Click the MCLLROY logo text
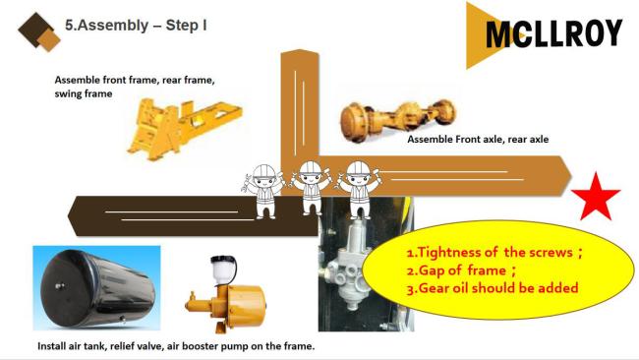(x=554, y=33)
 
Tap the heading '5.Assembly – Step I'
(x=136, y=26)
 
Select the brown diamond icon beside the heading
(x=39, y=31)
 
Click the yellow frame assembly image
(x=184, y=127)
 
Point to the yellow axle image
(x=397, y=118)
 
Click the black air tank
(x=97, y=288)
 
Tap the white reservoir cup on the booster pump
(x=223, y=270)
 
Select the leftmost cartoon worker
(x=264, y=191)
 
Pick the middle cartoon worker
(x=311, y=188)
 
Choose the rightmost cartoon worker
(x=359, y=189)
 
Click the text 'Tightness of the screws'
(x=495, y=253)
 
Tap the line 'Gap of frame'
(x=462, y=270)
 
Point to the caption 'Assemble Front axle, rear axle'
(x=478, y=139)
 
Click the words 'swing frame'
(x=84, y=93)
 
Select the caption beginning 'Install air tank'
(x=176, y=346)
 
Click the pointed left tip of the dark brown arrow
(x=68, y=215)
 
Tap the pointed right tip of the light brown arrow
(x=572, y=175)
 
